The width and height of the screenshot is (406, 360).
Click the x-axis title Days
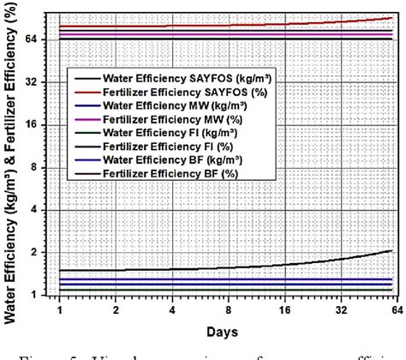click(227, 330)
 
